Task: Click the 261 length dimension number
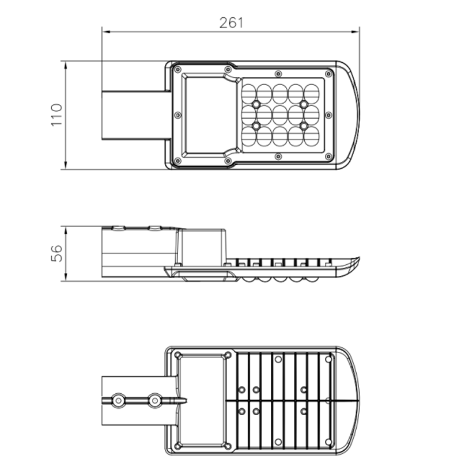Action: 232,23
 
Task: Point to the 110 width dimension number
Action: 56,115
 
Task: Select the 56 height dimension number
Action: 56,253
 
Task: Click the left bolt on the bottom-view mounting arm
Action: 118,400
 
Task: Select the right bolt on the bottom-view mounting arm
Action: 154,400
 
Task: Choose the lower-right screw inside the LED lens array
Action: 303,125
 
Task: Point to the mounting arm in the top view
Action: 136,115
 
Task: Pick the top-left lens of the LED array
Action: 248,92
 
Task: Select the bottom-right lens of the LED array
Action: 311,136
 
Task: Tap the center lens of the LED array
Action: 280,114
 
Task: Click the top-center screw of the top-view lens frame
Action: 278,74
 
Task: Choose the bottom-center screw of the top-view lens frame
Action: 278,156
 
